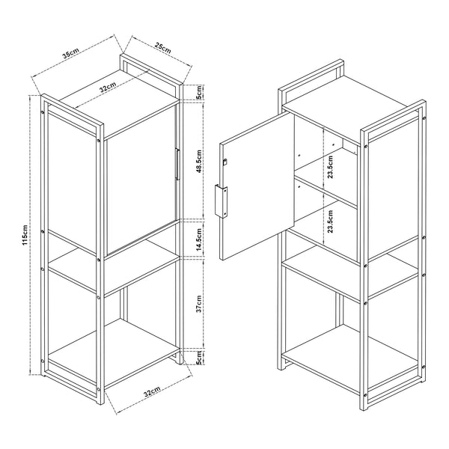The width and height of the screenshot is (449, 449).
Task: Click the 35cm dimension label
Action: [71, 55]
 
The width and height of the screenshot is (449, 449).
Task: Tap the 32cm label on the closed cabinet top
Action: [109, 88]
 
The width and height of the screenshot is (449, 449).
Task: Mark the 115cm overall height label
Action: [25, 235]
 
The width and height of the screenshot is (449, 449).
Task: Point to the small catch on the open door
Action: [224, 162]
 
